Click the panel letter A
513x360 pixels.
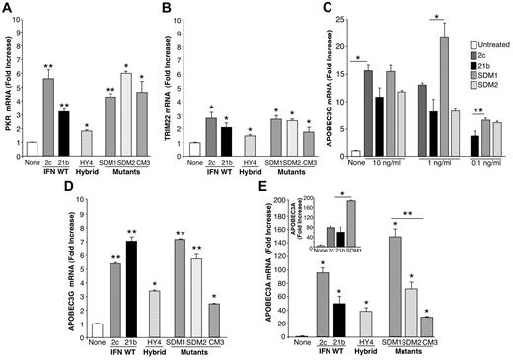pyautogui.click(x=8, y=9)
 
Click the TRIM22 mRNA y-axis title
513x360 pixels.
pyautogui.click(x=185, y=84)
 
